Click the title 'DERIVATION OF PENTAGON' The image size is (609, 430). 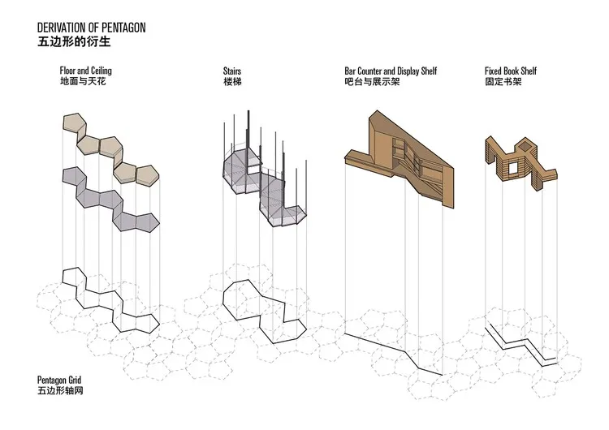(x=91, y=28)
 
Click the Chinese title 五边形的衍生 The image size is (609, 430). (x=74, y=41)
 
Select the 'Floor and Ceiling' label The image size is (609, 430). (x=86, y=71)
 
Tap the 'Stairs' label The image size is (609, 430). (x=232, y=71)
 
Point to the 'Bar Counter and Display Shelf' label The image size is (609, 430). (x=391, y=71)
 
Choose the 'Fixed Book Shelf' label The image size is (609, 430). (x=511, y=71)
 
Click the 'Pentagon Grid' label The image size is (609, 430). (x=59, y=380)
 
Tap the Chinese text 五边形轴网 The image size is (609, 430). (x=60, y=390)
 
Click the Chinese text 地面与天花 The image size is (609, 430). (x=83, y=81)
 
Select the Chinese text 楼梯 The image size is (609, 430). (x=232, y=81)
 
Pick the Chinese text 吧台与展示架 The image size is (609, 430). (x=372, y=81)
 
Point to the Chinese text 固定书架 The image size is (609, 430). (x=503, y=81)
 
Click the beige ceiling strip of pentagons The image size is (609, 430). (x=111, y=150)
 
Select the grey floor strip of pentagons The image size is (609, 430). (x=111, y=199)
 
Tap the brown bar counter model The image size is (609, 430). (x=400, y=159)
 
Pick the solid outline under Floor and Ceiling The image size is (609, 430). (x=110, y=299)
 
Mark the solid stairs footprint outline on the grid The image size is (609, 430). (x=265, y=312)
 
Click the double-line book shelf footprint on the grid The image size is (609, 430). (x=521, y=345)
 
